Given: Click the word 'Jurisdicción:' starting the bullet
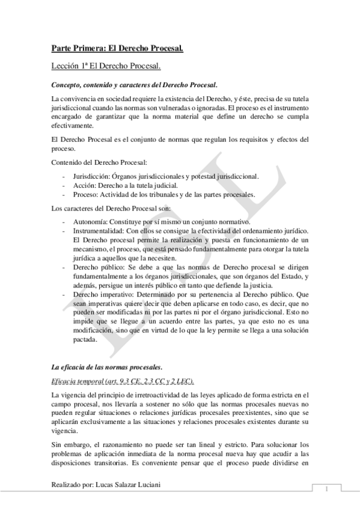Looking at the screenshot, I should click(x=91, y=176).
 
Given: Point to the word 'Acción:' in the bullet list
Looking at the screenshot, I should click(x=84, y=185).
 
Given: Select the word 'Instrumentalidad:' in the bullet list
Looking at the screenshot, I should click(x=98, y=232).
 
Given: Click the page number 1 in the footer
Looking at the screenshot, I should click(x=325, y=489).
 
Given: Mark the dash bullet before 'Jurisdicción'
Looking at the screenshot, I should click(x=64, y=176).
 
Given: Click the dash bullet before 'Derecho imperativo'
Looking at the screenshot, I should click(x=64, y=295).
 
